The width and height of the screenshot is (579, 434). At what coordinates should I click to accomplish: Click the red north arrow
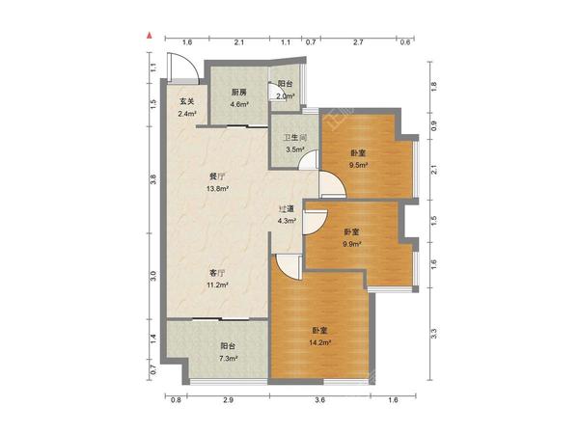click(150, 36)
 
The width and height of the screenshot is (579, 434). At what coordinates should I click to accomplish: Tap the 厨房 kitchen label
click(239, 93)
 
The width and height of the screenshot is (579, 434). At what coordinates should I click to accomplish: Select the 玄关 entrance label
click(187, 101)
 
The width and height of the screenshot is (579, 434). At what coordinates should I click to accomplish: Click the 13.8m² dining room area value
click(217, 189)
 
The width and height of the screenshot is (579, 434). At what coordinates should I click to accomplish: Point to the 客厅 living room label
click(217, 274)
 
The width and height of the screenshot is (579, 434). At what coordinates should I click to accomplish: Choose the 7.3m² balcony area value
click(229, 359)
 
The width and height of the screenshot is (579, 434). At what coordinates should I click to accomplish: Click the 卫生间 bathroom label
click(295, 138)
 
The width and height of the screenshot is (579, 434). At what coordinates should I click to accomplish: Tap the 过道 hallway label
click(287, 209)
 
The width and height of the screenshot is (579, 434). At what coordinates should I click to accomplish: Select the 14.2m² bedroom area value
click(319, 342)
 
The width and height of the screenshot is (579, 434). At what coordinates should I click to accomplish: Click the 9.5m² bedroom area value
click(358, 165)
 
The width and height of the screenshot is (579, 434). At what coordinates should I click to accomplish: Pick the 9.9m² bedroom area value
click(352, 244)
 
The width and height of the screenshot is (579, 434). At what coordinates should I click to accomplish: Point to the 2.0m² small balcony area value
click(286, 96)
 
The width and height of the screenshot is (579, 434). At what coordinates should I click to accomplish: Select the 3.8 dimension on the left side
click(153, 179)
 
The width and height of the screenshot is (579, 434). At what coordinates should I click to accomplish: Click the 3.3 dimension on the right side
click(434, 334)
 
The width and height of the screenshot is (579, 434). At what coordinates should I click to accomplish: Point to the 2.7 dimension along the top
click(358, 42)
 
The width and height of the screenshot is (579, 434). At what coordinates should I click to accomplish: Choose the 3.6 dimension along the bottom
click(319, 400)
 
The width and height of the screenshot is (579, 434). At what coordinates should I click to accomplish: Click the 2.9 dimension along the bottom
click(229, 400)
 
